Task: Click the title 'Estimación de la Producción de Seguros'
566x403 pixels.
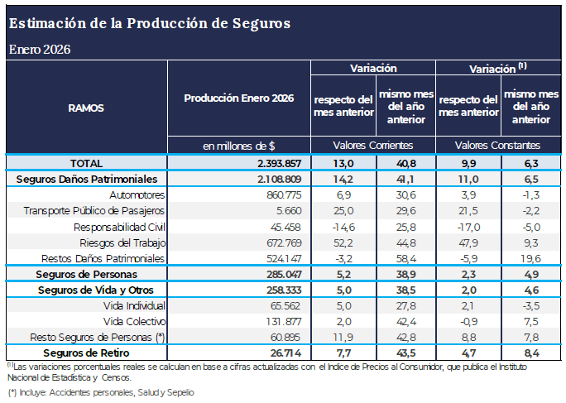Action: tap(150, 23)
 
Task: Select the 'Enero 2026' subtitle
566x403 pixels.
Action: tap(40, 49)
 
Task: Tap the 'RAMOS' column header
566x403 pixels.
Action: tap(86, 108)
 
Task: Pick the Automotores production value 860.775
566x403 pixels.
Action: tap(275, 194)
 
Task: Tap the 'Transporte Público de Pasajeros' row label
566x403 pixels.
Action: tap(95, 210)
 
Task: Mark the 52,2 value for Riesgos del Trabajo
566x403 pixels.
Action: tap(343, 242)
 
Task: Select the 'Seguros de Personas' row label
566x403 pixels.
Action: tap(86, 274)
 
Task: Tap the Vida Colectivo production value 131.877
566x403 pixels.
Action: tap(276, 321)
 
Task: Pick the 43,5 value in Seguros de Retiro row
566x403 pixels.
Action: tap(405, 353)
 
